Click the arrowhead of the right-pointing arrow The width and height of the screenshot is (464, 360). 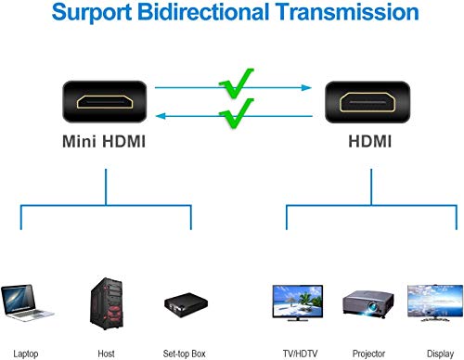click(x=305, y=88)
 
